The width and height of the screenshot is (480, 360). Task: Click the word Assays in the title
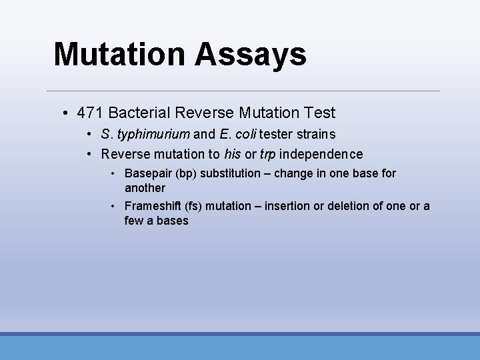point(251,55)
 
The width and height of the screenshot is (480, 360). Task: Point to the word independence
point(321,155)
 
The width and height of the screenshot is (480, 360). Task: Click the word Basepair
point(147,173)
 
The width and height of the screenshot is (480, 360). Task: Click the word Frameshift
point(151,206)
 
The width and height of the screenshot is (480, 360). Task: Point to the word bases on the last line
point(173,221)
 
